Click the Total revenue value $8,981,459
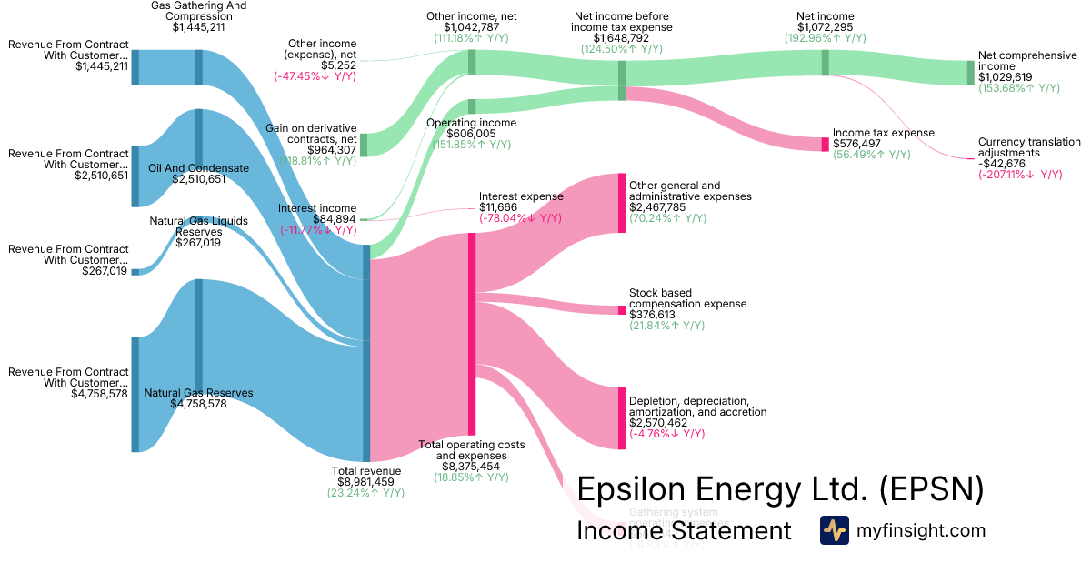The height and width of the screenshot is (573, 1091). pyautogui.click(x=366, y=482)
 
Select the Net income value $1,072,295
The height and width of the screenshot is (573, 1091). pyautogui.click(x=825, y=27)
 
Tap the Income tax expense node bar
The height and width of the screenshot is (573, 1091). pyautogui.click(x=826, y=144)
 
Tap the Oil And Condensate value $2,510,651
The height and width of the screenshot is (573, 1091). pyautogui.click(x=198, y=179)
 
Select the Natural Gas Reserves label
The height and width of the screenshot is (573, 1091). pyautogui.click(x=198, y=393)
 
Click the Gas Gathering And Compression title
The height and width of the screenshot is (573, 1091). pyautogui.click(x=198, y=11)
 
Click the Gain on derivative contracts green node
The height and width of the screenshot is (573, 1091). pyautogui.click(x=364, y=145)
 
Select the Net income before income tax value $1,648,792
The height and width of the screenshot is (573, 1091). pyautogui.click(x=623, y=39)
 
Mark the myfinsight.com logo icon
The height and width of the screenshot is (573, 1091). pyautogui.click(x=834, y=530)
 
